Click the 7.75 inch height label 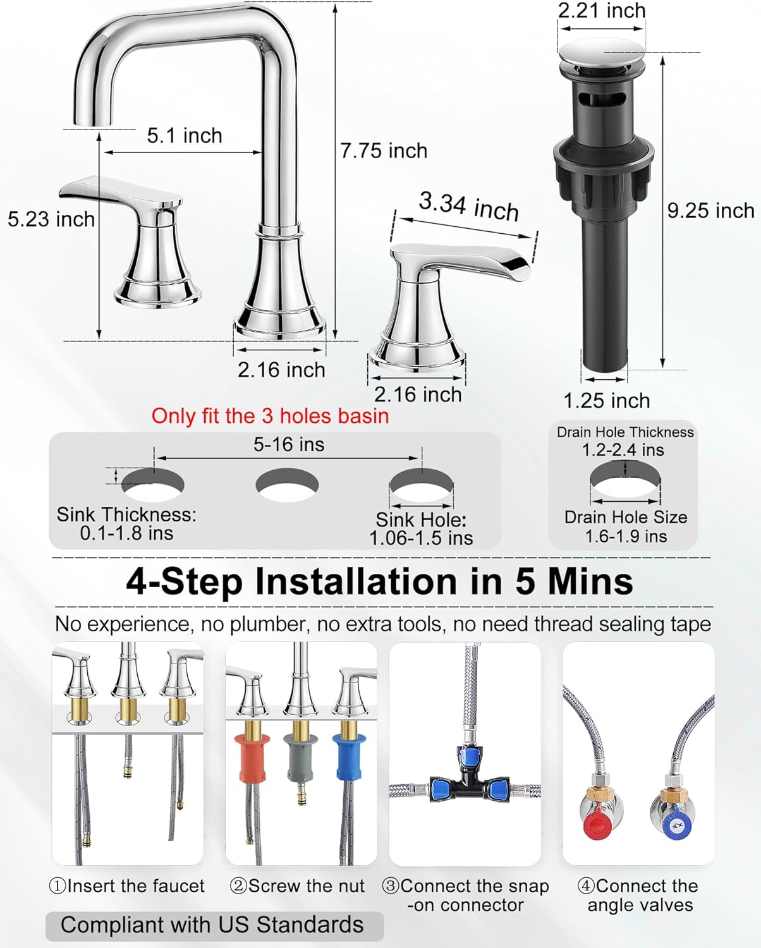[384, 150]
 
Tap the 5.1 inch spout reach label [185, 135]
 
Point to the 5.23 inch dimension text [51, 219]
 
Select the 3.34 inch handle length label [468, 206]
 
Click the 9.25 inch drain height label [710, 210]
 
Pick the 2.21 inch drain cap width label [601, 11]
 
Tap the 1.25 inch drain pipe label [606, 400]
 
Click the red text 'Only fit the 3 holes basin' [270, 416]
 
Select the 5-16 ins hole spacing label [289, 444]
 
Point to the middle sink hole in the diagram [287, 485]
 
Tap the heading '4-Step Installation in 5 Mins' [379, 581]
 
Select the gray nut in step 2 [300, 757]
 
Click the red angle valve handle [594, 824]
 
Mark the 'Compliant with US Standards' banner [214, 925]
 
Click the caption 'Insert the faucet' [128, 886]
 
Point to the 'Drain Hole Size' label [626, 517]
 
